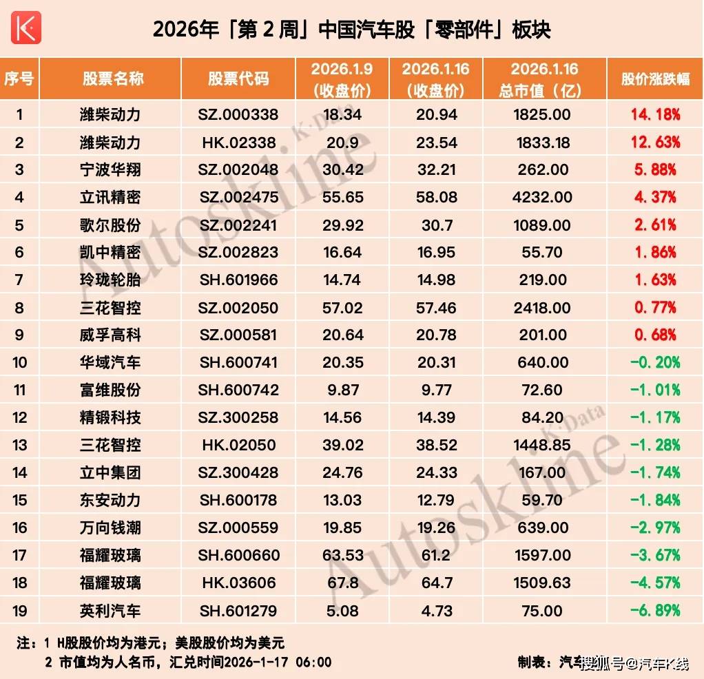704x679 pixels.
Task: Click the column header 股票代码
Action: pos(238,79)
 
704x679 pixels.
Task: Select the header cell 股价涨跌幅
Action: pos(654,79)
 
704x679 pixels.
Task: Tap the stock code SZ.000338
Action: pos(238,114)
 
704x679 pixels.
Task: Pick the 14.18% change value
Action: pos(654,114)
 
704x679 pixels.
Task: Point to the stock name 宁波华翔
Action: pos(110,169)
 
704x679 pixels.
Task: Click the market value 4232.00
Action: pos(543,197)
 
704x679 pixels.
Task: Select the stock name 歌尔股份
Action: pos(110,224)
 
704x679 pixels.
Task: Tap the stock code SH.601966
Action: pos(238,280)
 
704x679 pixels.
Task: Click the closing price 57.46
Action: pos(436,307)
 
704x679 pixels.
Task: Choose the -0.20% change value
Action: pos(654,362)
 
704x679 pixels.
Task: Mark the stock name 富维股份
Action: pos(110,390)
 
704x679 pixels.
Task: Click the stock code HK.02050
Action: pos(238,445)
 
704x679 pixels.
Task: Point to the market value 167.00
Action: pos(543,472)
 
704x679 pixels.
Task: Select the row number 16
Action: pos(19,527)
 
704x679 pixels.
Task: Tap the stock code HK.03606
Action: pos(238,583)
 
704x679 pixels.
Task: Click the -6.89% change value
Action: pos(654,610)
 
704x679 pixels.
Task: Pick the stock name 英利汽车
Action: pos(110,610)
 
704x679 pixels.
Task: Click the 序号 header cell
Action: pos(19,79)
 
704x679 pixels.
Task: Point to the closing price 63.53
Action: pos(342,555)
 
